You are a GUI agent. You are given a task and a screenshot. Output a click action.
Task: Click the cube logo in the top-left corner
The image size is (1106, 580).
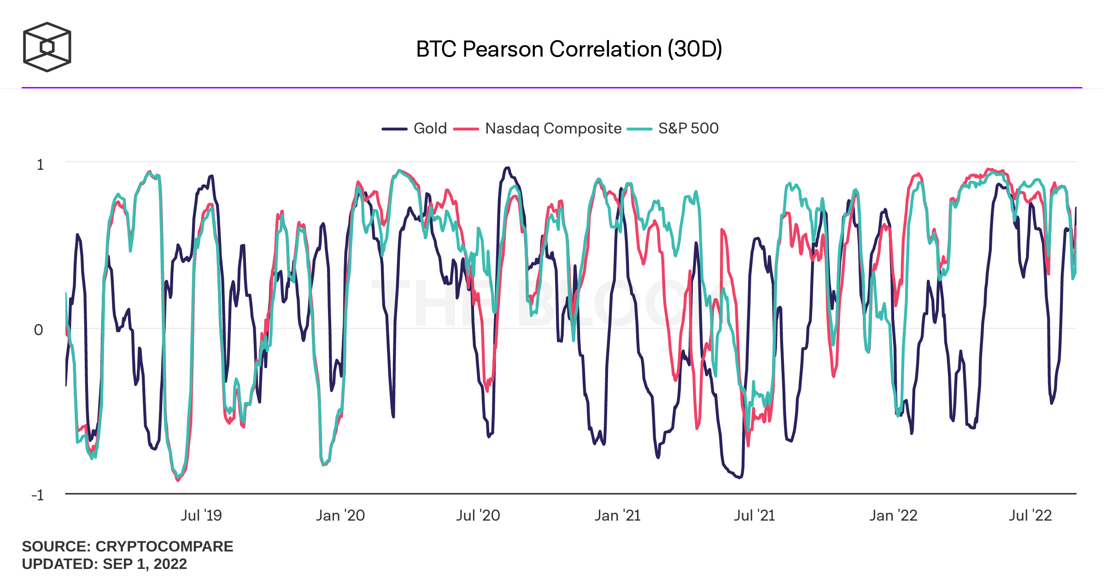point(47,47)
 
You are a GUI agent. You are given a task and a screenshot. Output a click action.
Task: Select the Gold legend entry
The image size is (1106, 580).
point(430,128)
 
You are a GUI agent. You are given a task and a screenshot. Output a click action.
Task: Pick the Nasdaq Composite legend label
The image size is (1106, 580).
point(553,128)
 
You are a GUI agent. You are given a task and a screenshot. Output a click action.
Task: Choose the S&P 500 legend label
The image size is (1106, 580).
point(688,128)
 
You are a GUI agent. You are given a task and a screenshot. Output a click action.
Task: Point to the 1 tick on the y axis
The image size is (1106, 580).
point(41,165)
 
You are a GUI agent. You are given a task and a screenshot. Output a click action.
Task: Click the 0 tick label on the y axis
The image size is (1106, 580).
point(39,330)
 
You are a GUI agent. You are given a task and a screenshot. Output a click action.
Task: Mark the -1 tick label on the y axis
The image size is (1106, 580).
point(37,495)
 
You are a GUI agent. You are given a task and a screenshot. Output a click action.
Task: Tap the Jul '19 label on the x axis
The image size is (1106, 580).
point(201,516)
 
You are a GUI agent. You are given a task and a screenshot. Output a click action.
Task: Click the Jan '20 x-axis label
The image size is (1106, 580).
point(340,516)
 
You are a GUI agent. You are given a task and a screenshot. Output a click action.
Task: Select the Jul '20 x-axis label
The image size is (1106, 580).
point(478,516)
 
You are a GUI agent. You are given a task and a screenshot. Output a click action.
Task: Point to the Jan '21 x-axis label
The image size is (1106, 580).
point(618,516)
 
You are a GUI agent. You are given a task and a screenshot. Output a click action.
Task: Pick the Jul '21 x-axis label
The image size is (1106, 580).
point(755,516)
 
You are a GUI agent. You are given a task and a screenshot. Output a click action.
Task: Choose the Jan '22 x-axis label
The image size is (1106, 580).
point(894,516)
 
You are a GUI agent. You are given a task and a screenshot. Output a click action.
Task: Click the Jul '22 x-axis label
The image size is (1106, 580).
point(1030,516)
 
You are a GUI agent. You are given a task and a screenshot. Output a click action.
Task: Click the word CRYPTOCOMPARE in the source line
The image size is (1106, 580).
point(164,546)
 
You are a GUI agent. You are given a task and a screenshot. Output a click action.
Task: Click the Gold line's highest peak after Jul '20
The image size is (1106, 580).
point(508,168)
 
